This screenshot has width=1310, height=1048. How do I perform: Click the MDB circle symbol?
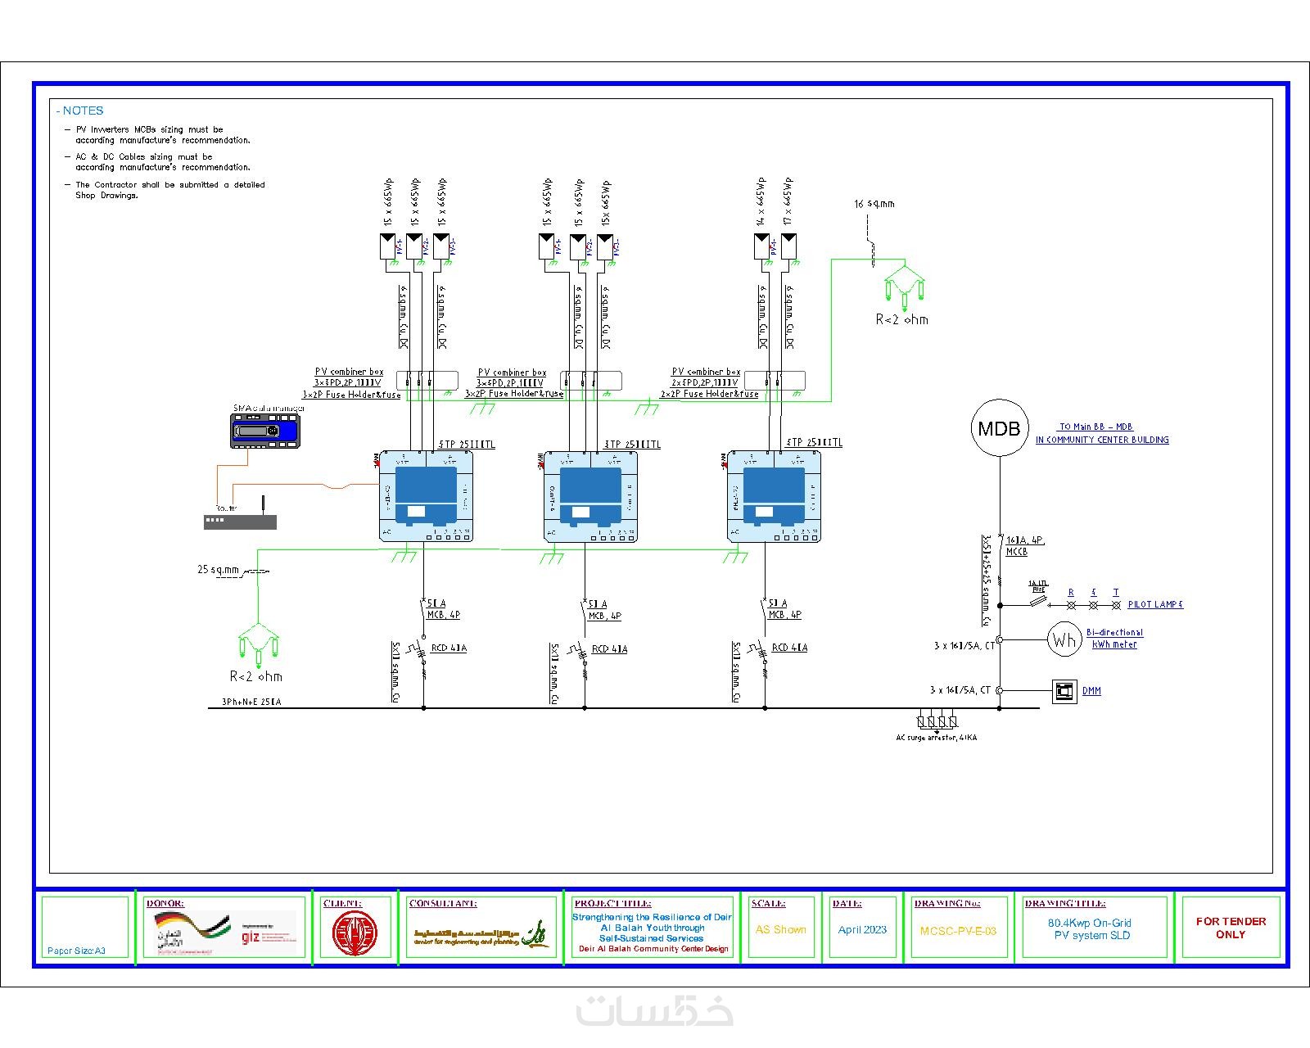tap(999, 427)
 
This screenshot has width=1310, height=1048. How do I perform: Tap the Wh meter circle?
tap(1064, 639)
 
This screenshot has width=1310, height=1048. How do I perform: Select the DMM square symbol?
tap(1064, 691)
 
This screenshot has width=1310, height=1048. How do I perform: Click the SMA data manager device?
tap(265, 430)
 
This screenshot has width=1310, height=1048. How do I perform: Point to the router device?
tap(240, 521)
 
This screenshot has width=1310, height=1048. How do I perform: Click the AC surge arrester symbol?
tap(937, 722)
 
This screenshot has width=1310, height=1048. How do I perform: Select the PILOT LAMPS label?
tap(1155, 604)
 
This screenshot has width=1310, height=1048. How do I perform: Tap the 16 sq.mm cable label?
tap(874, 204)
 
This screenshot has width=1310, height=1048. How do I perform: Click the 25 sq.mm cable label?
tap(218, 570)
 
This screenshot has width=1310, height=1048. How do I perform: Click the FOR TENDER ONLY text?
tap(1231, 928)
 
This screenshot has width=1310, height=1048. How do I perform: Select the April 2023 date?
tap(862, 930)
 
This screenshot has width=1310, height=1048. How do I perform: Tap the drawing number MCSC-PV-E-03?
tap(958, 931)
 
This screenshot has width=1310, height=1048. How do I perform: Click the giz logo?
tap(251, 936)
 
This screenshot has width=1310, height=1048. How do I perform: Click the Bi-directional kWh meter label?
tap(1114, 638)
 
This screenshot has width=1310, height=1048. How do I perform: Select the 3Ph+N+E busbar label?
tap(251, 702)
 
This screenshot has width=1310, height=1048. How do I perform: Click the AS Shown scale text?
tap(780, 930)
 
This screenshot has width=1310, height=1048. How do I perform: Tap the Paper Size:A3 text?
tap(76, 951)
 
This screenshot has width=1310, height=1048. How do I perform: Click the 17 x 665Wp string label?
tap(788, 201)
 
